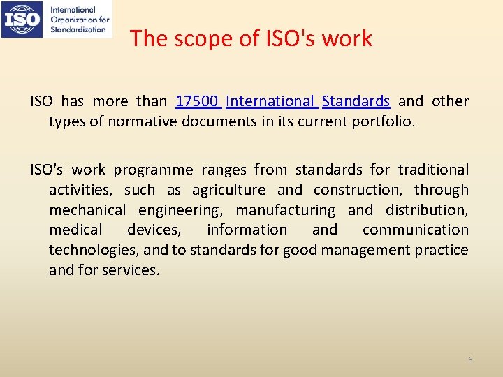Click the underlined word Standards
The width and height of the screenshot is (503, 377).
356,101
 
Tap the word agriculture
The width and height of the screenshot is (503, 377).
228,190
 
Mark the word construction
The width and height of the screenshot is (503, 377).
358,190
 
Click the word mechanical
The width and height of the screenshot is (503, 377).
87,210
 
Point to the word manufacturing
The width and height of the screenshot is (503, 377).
285,210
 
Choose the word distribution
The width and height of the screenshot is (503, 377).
426,210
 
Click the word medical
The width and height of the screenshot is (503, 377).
75,230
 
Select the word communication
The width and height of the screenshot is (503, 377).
415,230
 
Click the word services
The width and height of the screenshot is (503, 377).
131,270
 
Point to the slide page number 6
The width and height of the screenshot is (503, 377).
470,360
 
